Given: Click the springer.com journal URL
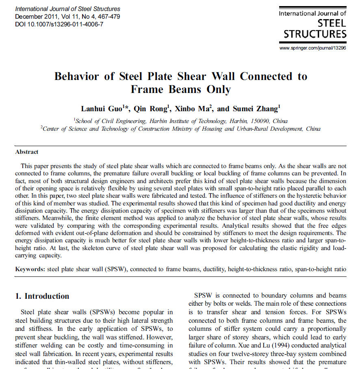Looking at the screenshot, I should point(313,48).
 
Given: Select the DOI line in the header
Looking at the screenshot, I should point(59,24).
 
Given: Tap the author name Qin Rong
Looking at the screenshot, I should point(151,108).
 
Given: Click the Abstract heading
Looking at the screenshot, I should point(27,152).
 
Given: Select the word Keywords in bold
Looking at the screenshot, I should point(30,269).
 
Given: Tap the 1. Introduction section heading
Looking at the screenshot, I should point(42,296).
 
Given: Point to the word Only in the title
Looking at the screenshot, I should point(219,89).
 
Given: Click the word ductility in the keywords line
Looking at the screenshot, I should point(213,269).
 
